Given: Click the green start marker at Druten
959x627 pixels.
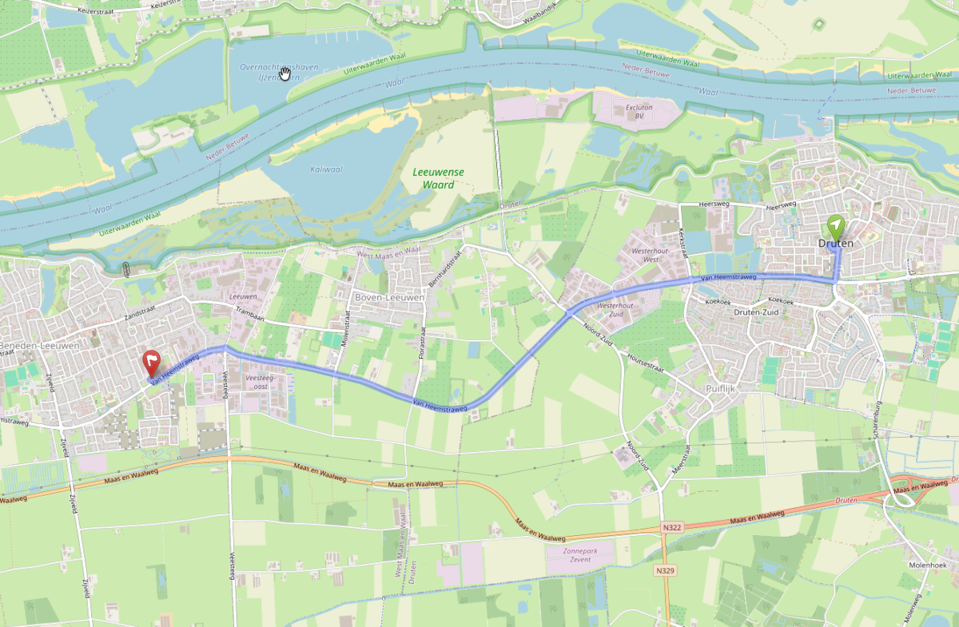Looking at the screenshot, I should point(835,225).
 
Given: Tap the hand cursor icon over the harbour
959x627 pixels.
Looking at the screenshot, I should point(285,73).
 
